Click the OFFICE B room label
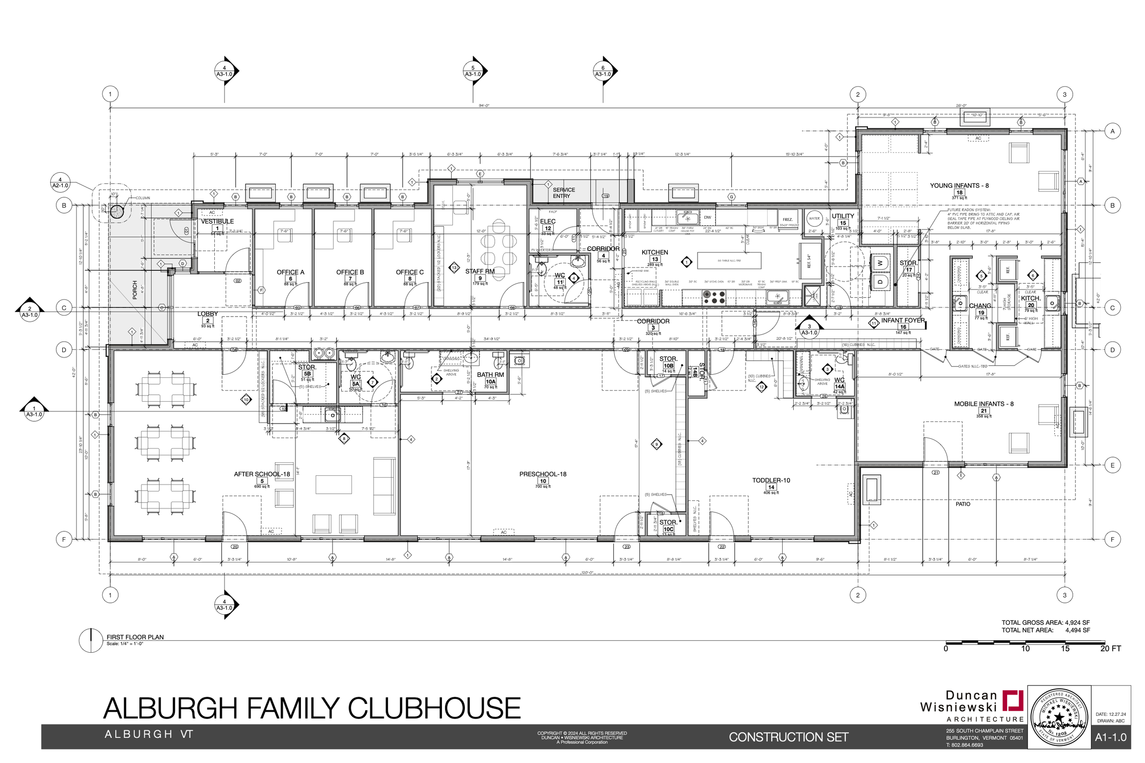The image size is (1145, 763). click(349, 272)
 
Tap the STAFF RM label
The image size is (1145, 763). click(480, 272)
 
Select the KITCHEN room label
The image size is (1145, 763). click(654, 252)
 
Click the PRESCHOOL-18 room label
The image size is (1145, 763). click(542, 474)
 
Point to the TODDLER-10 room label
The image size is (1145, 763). click(770, 480)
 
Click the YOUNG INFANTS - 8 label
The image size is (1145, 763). click(959, 185)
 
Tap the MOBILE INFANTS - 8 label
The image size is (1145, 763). click(983, 404)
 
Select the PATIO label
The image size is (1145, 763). click(962, 504)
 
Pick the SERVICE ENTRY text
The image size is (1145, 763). click(563, 193)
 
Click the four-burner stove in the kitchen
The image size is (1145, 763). click(713, 297)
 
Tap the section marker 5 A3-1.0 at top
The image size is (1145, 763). click(473, 71)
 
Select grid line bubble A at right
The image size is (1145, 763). click(1112, 131)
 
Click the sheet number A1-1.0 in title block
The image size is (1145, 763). click(1111, 737)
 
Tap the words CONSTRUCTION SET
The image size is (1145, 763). click(788, 737)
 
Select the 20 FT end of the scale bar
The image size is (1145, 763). click(1109, 649)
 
